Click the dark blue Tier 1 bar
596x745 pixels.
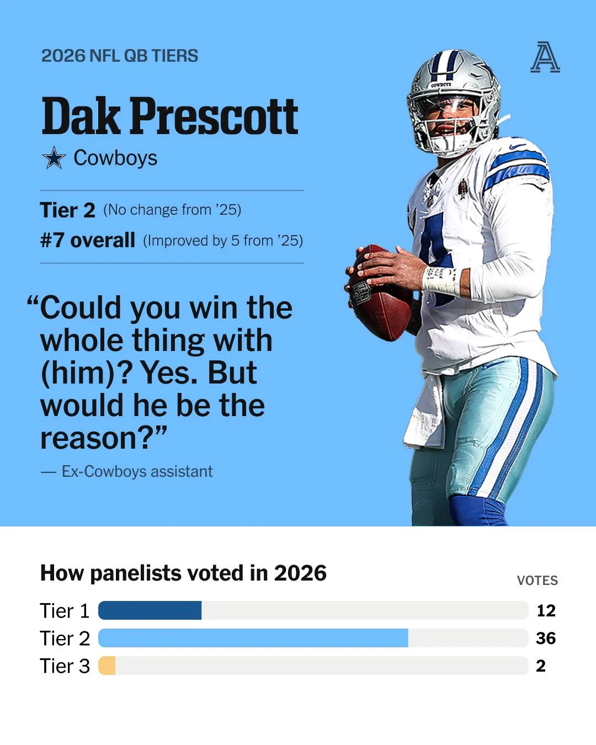(x=150, y=610)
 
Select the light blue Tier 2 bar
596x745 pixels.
(x=253, y=638)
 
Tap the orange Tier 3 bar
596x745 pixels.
(x=107, y=666)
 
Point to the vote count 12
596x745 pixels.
(x=546, y=611)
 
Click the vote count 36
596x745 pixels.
(x=546, y=638)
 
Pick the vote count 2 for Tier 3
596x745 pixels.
(x=541, y=666)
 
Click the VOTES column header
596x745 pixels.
(x=537, y=581)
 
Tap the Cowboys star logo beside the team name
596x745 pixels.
(x=54, y=158)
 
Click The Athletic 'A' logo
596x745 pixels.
(x=545, y=57)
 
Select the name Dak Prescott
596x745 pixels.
(x=169, y=116)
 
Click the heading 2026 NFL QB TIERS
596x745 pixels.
(x=120, y=56)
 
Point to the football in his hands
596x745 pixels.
(x=379, y=292)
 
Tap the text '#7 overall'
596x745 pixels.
(x=88, y=240)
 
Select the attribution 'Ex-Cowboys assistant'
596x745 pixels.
(x=137, y=471)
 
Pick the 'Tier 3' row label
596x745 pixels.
(x=65, y=666)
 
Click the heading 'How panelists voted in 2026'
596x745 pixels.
(x=184, y=573)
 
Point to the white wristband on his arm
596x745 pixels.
(x=441, y=280)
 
